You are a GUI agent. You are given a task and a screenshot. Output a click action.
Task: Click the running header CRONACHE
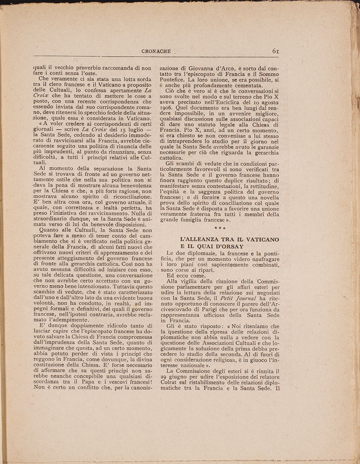(x=157, y=51)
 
